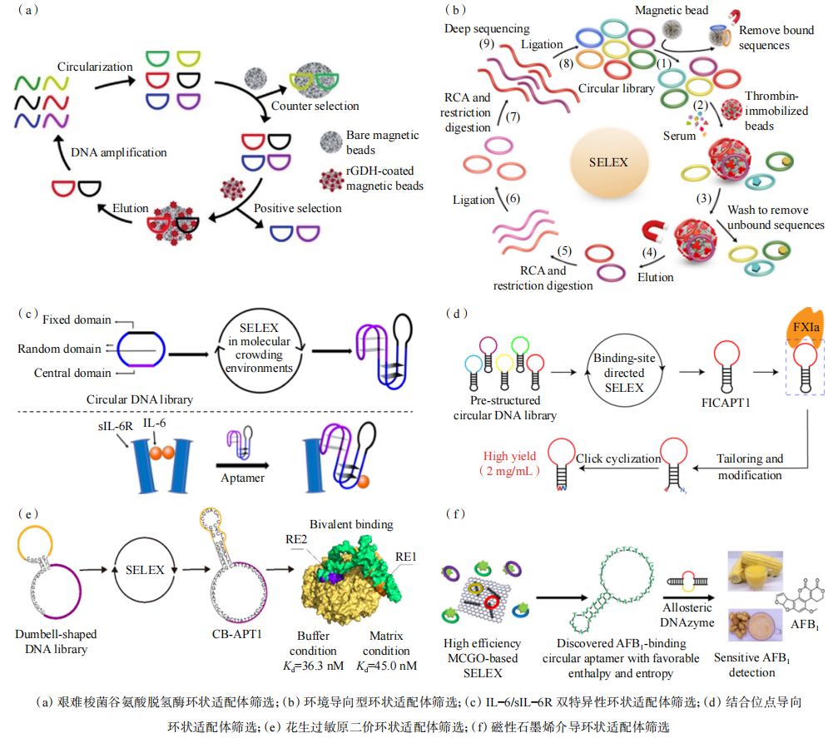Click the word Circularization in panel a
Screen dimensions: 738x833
click(x=95, y=67)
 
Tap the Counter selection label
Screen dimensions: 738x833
click(x=315, y=106)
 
